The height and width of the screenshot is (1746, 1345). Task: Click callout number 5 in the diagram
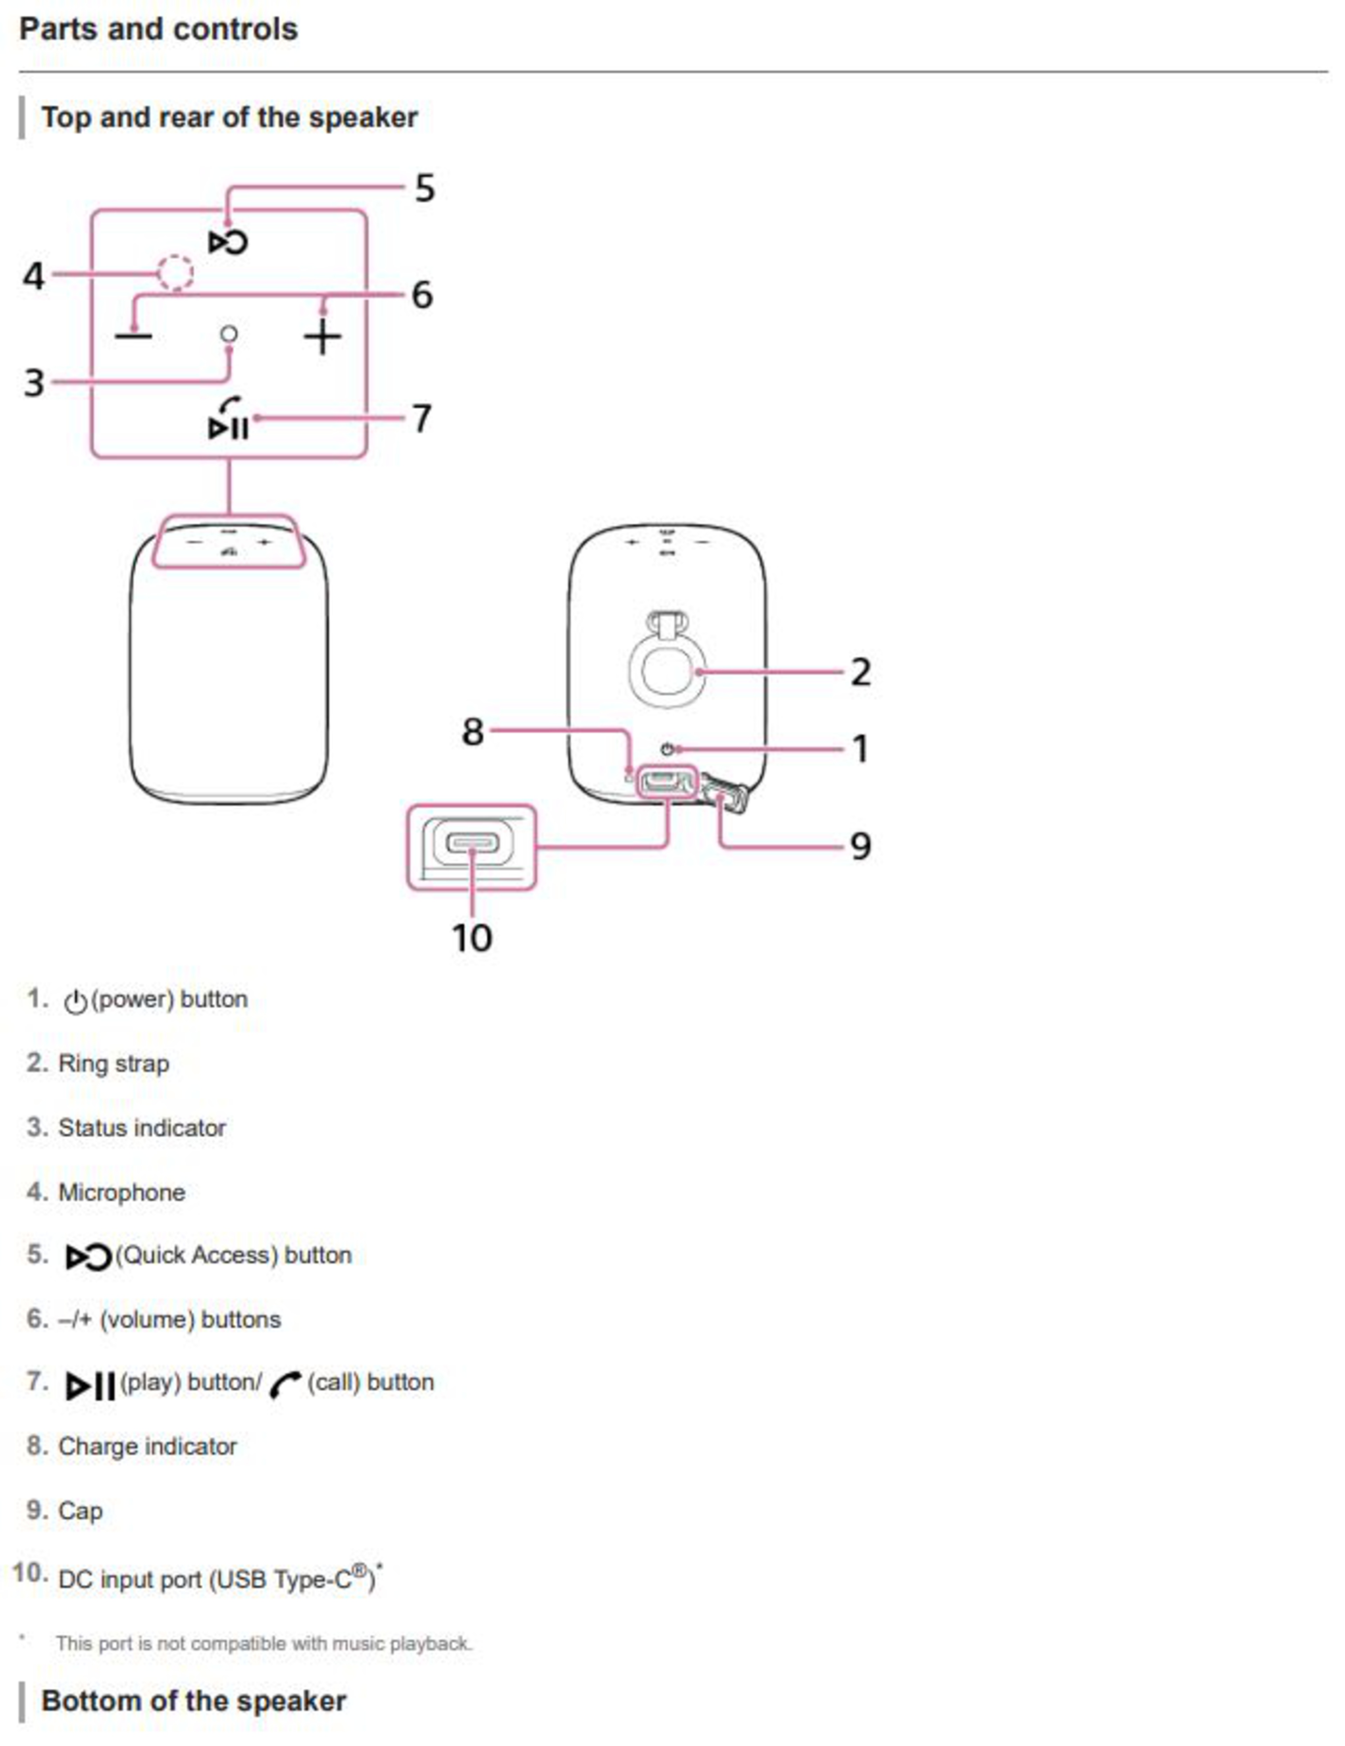(425, 189)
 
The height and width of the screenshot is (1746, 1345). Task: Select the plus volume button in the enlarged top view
(322, 336)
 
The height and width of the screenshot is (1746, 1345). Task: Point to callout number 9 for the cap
(860, 846)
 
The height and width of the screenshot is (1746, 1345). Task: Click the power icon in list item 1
(75, 1001)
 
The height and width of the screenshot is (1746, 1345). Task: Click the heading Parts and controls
(158, 29)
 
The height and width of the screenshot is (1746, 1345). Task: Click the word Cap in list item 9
(80, 1510)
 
